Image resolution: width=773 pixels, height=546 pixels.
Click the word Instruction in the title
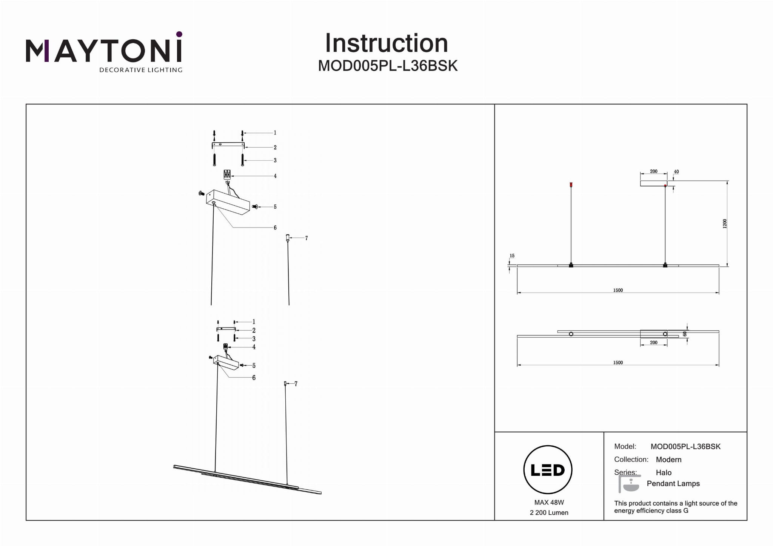(x=386, y=43)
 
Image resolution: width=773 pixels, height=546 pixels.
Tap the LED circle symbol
(x=548, y=470)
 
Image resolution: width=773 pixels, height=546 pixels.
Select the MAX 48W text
(x=549, y=502)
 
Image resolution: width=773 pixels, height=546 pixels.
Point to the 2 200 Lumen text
(x=549, y=512)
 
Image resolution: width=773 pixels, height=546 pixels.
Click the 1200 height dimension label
(x=724, y=224)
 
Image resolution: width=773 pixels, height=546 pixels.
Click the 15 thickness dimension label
(x=512, y=256)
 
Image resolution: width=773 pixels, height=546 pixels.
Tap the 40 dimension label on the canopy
(x=676, y=172)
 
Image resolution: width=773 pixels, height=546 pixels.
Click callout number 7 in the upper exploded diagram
(x=306, y=238)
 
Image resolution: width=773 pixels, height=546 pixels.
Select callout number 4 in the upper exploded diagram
(x=275, y=176)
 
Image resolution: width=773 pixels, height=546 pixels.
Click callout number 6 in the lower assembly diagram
(x=254, y=378)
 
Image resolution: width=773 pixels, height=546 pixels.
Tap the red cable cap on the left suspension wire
(x=571, y=185)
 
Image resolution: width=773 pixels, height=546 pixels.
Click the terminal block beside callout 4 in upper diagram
(x=227, y=174)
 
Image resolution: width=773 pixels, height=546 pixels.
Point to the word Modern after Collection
(x=668, y=460)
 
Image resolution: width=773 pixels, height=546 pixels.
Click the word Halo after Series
(x=664, y=472)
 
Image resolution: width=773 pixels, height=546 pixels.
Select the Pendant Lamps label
(x=673, y=483)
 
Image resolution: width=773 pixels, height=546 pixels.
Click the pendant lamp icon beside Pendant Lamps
(x=630, y=484)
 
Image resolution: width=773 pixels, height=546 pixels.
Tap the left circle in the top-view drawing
(x=571, y=334)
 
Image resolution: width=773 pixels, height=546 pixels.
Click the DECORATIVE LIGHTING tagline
(x=140, y=70)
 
